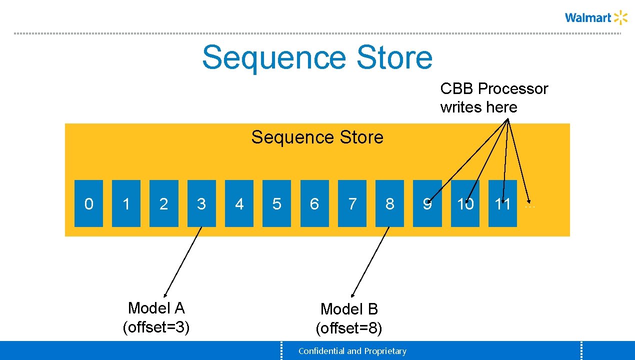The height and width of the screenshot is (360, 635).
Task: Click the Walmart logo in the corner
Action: pyautogui.click(x=595, y=18)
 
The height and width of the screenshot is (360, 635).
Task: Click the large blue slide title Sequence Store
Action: pyautogui.click(x=317, y=57)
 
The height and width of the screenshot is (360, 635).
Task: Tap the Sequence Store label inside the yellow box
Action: pyautogui.click(x=317, y=137)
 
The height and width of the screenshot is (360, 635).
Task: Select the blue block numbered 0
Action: pyautogui.click(x=88, y=203)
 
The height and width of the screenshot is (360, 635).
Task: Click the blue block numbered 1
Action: pyautogui.click(x=126, y=203)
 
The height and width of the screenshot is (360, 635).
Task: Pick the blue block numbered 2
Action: pyautogui.click(x=163, y=203)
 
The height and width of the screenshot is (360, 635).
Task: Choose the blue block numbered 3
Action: pyautogui.click(x=201, y=203)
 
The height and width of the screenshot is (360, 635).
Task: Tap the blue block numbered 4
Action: pyautogui.click(x=239, y=203)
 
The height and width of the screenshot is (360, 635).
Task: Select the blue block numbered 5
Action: pyautogui.click(x=276, y=203)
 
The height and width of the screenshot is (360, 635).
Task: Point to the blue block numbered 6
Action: pyautogui.click(x=314, y=203)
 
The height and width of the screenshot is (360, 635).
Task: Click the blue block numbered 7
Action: pyautogui.click(x=352, y=203)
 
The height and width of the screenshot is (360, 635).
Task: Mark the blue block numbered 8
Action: pyautogui.click(x=389, y=203)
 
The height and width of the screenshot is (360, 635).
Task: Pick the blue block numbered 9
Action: pyautogui.click(x=427, y=203)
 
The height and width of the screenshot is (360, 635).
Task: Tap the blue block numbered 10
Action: pyautogui.click(x=465, y=203)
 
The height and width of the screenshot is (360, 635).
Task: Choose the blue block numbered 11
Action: pyautogui.click(x=502, y=203)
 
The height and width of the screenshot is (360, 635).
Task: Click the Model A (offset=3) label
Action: pyautogui.click(x=156, y=317)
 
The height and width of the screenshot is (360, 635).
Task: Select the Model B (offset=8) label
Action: pyautogui.click(x=349, y=318)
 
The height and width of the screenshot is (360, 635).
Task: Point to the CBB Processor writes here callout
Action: pyautogui.click(x=494, y=97)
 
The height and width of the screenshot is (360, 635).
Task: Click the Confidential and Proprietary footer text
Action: pyautogui.click(x=352, y=351)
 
